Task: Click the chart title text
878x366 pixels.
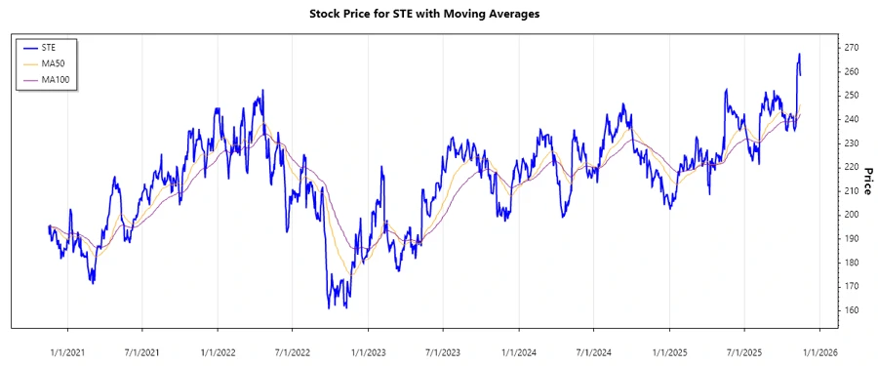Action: coord(438,14)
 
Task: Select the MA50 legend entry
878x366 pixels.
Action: coord(63,62)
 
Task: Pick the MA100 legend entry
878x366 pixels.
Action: coord(65,79)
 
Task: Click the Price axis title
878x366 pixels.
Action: coord(867,181)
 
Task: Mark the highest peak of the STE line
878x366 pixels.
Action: coord(799,55)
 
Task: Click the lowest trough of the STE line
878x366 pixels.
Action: coord(330,308)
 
